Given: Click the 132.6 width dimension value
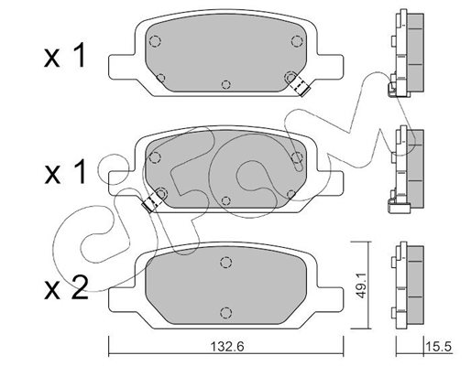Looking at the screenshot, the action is [x=227, y=347].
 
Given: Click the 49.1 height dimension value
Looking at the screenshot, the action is [x=361, y=290].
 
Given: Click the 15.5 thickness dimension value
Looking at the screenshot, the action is [x=438, y=347].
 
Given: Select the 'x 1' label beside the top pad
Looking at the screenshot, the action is [x=65, y=56].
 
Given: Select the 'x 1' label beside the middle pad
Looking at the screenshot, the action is [x=65, y=172].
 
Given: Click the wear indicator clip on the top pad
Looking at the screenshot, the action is [x=299, y=85].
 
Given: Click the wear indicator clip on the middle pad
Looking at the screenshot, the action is [x=152, y=202].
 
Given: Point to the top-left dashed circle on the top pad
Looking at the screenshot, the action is [x=155, y=41].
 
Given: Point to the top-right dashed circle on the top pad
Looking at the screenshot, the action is [x=297, y=41].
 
